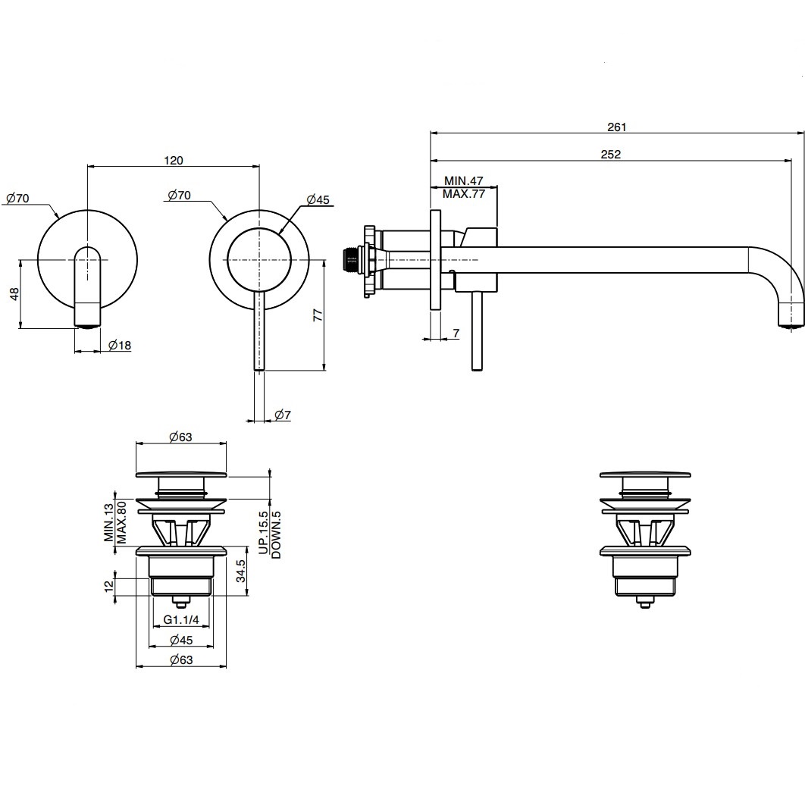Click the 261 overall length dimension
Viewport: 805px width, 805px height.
(x=616, y=127)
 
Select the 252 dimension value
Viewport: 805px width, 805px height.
(x=611, y=154)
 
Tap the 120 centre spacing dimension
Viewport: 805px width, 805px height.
(x=174, y=160)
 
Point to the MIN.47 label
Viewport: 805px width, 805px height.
(x=464, y=180)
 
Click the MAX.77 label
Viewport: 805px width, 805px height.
(x=464, y=194)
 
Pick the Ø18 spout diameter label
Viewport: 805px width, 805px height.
(x=120, y=345)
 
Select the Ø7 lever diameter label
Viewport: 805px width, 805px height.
(x=283, y=415)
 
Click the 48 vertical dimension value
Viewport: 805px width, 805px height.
(x=14, y=294)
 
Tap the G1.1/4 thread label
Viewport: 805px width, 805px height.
(x=181, y=619)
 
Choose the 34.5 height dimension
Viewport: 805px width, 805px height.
(x=241, y=572)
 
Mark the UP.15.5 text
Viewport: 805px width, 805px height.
(x=263, y=532)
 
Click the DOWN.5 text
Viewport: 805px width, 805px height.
(x=276, y=534)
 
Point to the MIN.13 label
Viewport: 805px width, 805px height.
(x=109, y=522)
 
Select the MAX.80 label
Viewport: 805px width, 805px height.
(x=121, y=522)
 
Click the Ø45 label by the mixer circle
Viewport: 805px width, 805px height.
(x=318, y=199)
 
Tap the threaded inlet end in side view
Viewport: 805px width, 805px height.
(x=349, y=260)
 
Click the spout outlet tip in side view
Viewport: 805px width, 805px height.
(x=791, y=324)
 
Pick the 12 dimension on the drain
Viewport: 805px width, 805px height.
(x=109, y=586)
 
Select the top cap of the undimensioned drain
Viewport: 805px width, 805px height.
(x=645, y=474)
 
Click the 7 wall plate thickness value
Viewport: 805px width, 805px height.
(x=456, y=333)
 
